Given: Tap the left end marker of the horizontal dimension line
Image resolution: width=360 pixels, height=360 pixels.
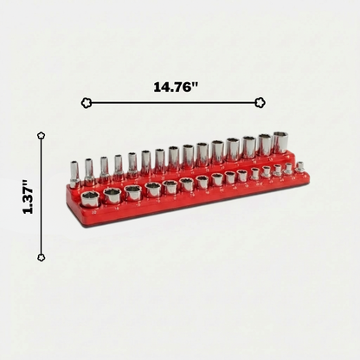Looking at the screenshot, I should coord(86,103).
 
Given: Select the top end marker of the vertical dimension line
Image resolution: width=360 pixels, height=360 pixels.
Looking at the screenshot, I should coord(41,136).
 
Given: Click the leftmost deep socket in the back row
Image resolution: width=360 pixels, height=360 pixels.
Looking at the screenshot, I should coord(74,172).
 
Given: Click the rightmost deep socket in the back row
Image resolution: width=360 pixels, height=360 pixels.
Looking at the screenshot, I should coord(281,144).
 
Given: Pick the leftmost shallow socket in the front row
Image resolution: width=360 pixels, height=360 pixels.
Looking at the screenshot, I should coord(90,200).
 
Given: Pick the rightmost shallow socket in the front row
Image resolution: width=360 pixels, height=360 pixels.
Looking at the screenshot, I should coord(299,166).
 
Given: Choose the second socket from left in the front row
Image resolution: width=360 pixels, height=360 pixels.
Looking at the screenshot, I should coord(112,195).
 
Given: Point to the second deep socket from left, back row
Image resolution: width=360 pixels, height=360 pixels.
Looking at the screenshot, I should coord(89,170).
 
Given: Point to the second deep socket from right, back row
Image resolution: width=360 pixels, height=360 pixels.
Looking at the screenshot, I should coord(265,145).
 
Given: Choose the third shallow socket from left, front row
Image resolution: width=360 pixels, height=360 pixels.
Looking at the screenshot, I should coord(132,191).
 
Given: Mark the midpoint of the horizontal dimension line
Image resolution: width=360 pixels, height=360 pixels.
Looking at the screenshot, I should coord(172,103).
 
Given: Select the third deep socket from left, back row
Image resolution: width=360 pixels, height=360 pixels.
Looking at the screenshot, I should coord(104,168).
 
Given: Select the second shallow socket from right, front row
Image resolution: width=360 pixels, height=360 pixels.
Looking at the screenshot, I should coord(288,168).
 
